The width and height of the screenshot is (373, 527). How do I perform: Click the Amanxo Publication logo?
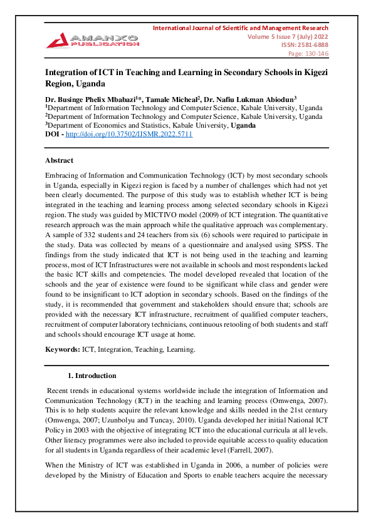[x=92, y=39]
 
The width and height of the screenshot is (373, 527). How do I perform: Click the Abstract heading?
[x=59, y=161]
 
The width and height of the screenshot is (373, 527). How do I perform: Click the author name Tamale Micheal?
[x=179, y=100]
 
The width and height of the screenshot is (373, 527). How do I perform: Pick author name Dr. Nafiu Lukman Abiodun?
[x=255, y=100]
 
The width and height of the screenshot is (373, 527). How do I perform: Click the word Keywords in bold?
[x=62, y=349]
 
